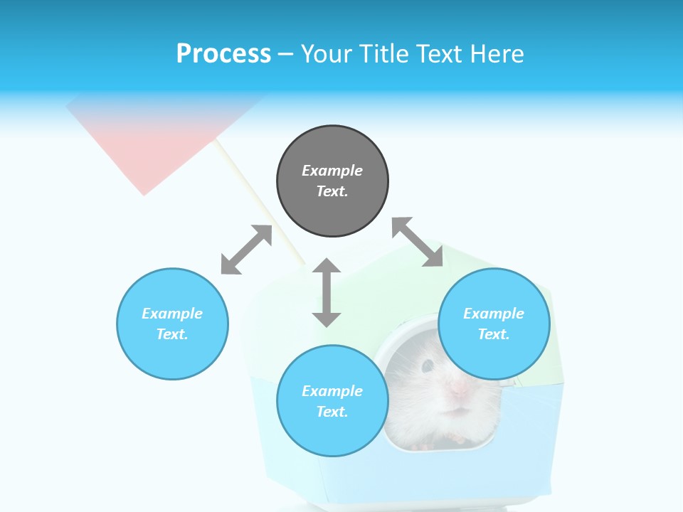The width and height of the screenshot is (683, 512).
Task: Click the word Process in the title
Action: (x=223, y=54)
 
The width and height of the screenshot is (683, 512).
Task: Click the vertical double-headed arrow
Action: (x=327, y=292)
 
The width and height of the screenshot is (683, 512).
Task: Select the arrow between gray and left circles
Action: (x=246, y=250)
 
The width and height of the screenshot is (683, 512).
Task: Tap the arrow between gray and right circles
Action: (x=418, y=242)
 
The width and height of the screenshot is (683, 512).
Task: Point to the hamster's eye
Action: (x=428, y=366)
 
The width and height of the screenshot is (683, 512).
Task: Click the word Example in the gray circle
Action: (x=332, y=171)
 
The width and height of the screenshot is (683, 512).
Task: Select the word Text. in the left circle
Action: (x=172, y=334)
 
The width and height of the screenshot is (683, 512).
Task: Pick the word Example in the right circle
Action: (x=494, y=314)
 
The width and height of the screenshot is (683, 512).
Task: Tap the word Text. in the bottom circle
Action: (x=332, y=412)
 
